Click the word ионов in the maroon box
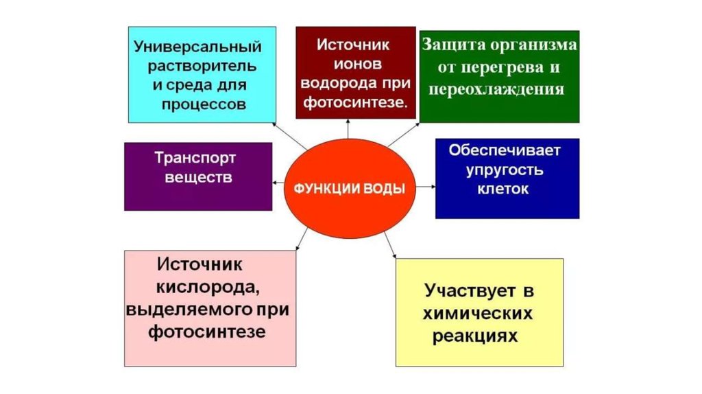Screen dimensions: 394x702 (354, 65)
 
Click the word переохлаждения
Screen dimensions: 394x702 (498, 90)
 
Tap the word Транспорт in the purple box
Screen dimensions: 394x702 (195, 157)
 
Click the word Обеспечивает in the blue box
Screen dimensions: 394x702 (505, 150)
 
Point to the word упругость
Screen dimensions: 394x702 (505, 170)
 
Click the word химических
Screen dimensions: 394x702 (479, 314)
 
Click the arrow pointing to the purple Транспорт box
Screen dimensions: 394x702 (277, 182)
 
